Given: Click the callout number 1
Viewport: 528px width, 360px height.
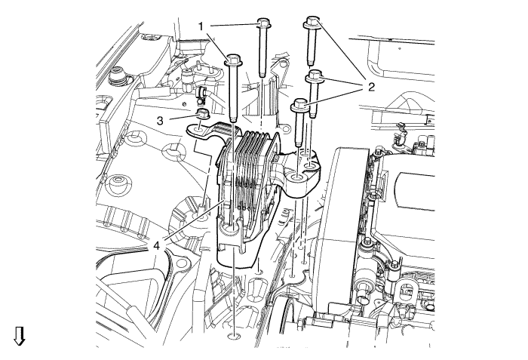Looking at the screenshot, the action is coord(201,26).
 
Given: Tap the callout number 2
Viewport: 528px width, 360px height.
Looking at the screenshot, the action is coord(371,88).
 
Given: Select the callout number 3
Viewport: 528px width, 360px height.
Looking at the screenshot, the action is coord(160,120).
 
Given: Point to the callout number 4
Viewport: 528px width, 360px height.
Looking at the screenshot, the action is coord(156,246).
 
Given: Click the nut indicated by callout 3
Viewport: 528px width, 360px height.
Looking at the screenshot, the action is coord(202,114).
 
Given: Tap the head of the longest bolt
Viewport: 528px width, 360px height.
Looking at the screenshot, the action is coord(233,60).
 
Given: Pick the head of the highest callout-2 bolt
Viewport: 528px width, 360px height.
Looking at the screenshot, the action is coord(313,21).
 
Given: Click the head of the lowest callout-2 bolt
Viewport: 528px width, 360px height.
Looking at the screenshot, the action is coord(299,105).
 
